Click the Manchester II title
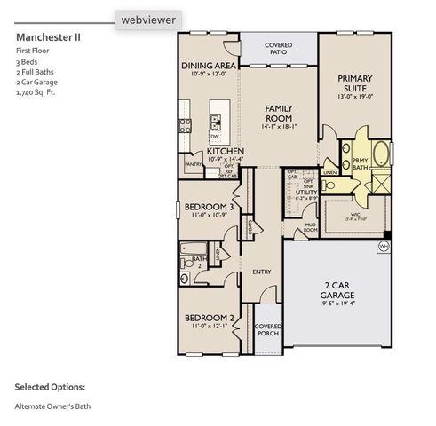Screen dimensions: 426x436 tap(48, 38)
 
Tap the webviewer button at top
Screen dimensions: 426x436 tap(148, 18)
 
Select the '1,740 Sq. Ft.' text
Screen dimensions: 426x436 tap(36, 91)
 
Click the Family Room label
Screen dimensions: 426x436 tap(280, 113)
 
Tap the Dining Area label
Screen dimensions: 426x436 tap(207, 66)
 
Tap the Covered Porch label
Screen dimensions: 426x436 tap(268, 330)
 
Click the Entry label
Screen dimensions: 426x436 tap(261, 272)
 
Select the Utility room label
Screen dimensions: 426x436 tap(306, 192)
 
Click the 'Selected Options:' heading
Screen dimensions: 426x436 tap(50, 387)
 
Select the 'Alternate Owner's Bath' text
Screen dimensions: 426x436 tap(52, 406)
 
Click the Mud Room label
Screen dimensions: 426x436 tap(309, 228)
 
